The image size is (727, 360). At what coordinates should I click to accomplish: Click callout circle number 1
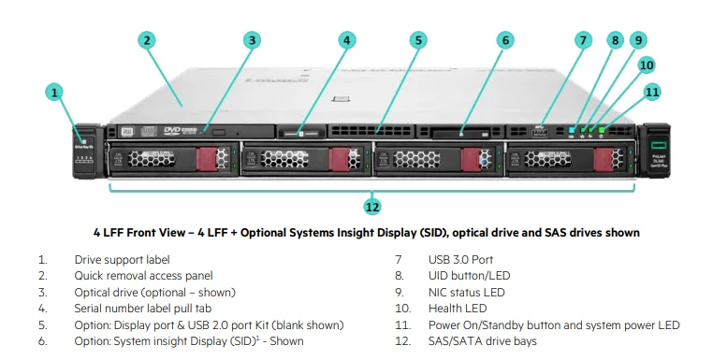[55, 92]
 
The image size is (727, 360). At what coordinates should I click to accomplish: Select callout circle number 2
[148, 40]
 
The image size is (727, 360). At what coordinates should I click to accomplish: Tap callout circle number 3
[252, 40]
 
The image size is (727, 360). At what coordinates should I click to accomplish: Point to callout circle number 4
[347, 40]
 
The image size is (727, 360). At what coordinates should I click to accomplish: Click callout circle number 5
[418, 40]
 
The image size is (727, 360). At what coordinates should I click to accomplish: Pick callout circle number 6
[504, 40]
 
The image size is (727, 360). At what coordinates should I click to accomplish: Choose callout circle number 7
[584, 40]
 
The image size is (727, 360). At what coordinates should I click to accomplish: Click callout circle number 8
[615, 40]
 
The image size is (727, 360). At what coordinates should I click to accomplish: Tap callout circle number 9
[638, 40]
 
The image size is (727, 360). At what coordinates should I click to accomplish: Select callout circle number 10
[647, 65]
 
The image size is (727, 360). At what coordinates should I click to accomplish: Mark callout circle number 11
[652, 92]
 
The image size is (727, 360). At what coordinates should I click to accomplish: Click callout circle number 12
[372, 206]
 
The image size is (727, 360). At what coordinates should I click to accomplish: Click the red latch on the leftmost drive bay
[204, 160]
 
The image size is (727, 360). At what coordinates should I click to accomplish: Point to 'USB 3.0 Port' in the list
[461, 259]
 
